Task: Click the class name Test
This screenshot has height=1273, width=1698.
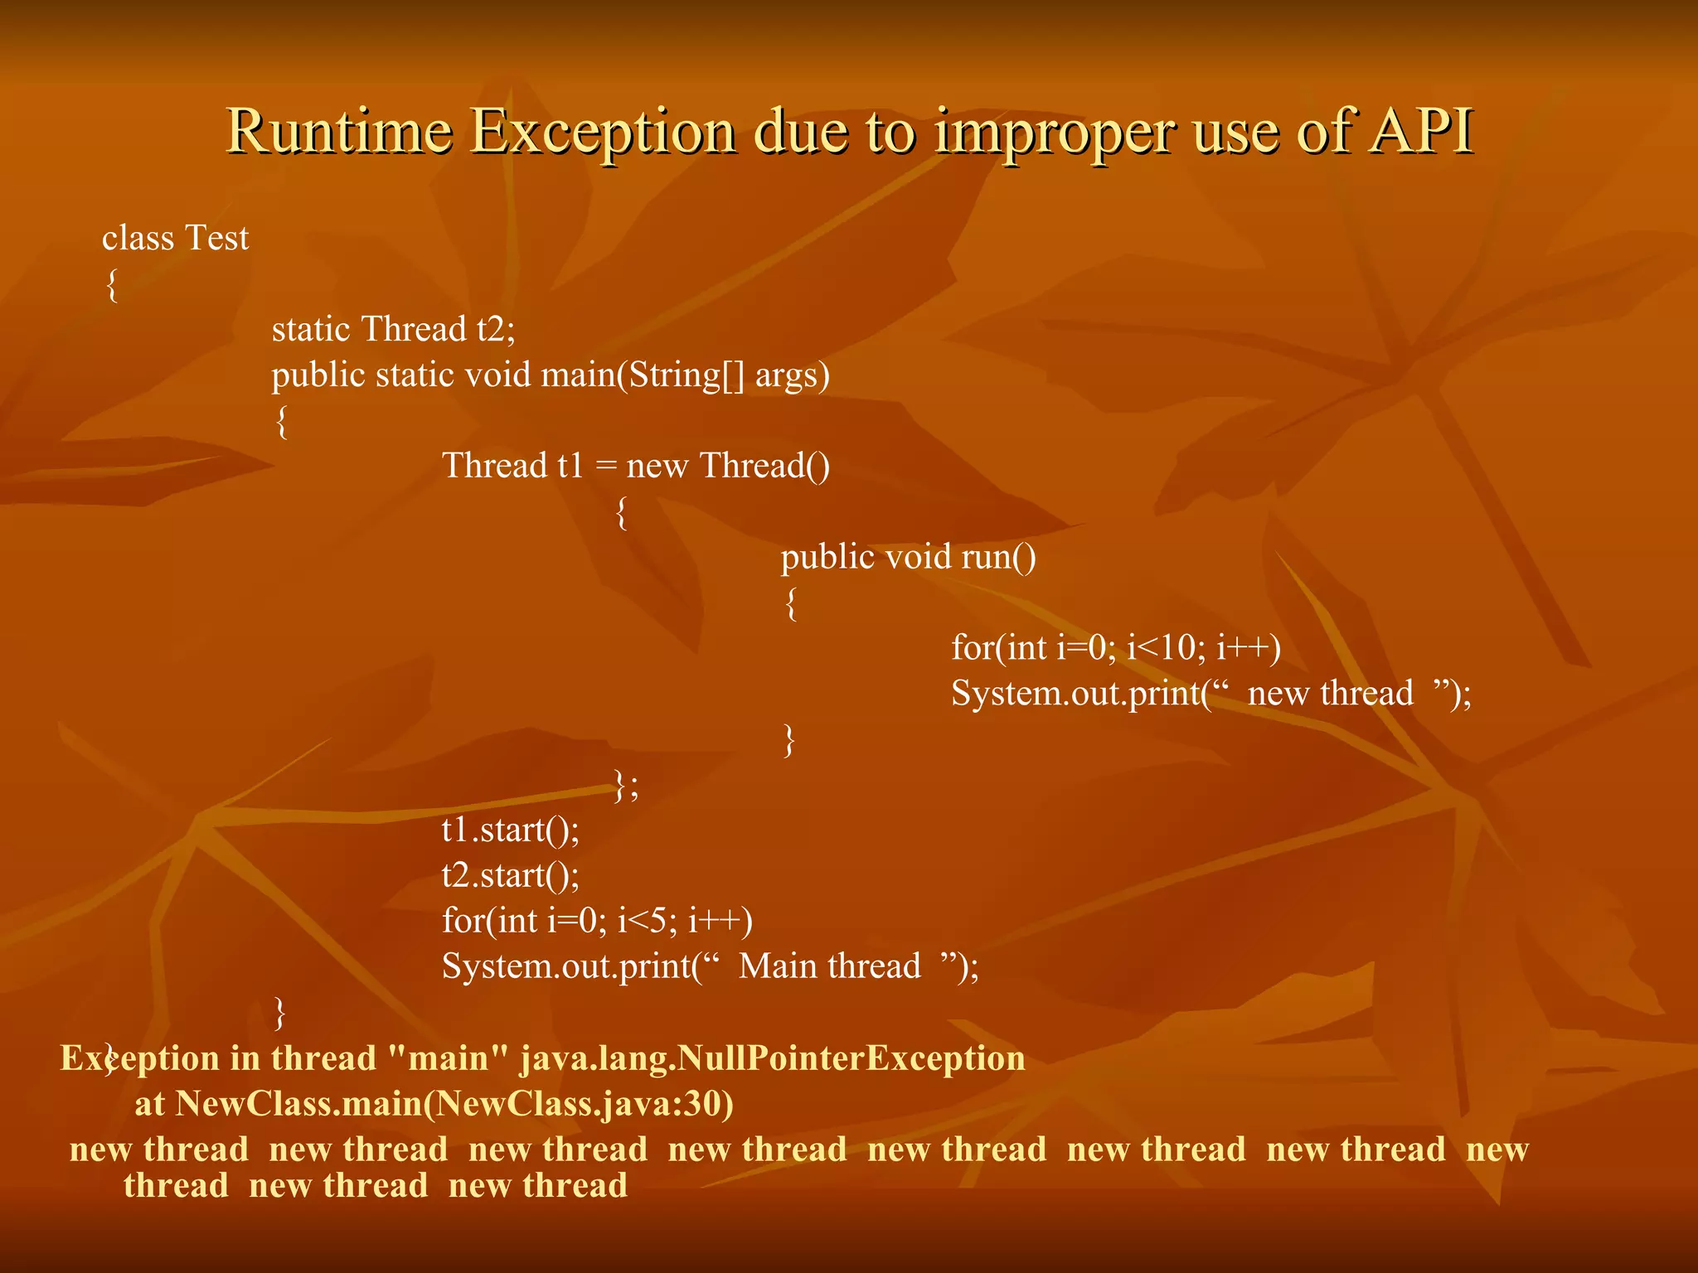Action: click(x=216, y=239)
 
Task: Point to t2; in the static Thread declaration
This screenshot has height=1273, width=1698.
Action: click(x=496, y=330)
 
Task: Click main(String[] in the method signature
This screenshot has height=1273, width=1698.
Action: click(x=643, y=375)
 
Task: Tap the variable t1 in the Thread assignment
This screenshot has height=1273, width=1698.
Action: click(x=571, y=466)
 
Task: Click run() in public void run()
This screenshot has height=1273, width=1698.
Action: click(x=998, y=557)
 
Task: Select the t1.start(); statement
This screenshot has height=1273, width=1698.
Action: click(x=510, y=830)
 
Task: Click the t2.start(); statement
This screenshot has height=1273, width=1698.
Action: click(x=510, y=875)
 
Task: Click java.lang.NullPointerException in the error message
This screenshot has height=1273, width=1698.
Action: click(x=772, y=1058)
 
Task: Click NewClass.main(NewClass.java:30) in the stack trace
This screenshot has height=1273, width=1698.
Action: click(x=454, y=1104)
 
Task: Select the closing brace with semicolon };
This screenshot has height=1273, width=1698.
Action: click(x=626, y=784)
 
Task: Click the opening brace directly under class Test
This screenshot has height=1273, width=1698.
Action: click(x=112, y=286)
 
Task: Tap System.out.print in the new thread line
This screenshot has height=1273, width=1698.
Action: click(x=1075, y=693)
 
